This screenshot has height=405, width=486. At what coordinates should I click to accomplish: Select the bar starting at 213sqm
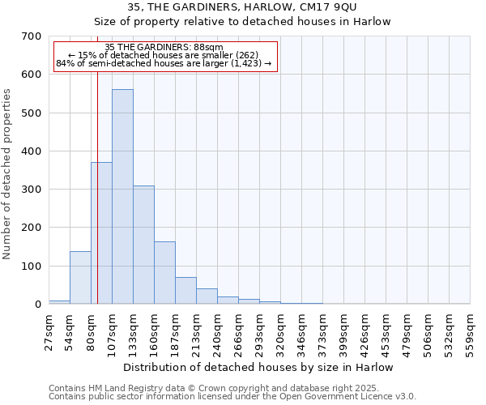tap(207, 296)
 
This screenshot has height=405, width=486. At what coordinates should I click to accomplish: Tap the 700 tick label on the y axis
tap(32, 36)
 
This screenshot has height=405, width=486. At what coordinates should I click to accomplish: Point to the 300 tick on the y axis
tap(32, 190)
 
